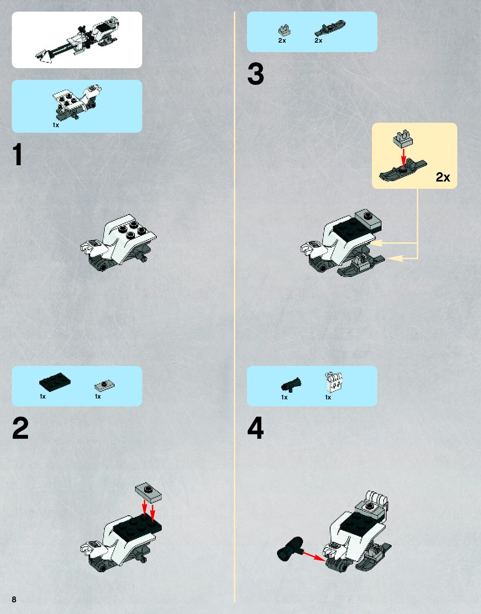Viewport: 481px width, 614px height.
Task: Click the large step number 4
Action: [x=255, y=427]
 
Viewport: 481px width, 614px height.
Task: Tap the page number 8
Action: [x=14, y=599]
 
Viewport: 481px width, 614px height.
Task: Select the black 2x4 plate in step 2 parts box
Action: [x=55, y=382]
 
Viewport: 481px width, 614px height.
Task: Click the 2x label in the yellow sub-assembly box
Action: [x=443, y=177]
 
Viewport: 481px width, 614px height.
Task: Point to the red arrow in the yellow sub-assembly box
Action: [x=404, y=157]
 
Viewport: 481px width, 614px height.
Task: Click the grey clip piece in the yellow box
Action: [x=403, y=139]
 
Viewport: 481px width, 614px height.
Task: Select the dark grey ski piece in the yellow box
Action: [x=403, y=171]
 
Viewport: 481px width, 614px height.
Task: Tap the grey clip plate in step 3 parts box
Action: [x=285, y=31]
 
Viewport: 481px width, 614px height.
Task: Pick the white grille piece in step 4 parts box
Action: [x=333, y=382]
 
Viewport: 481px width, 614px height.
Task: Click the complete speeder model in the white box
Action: [x=77, y=40]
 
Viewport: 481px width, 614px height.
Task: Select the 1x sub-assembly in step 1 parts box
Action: [x=77, y=102]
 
